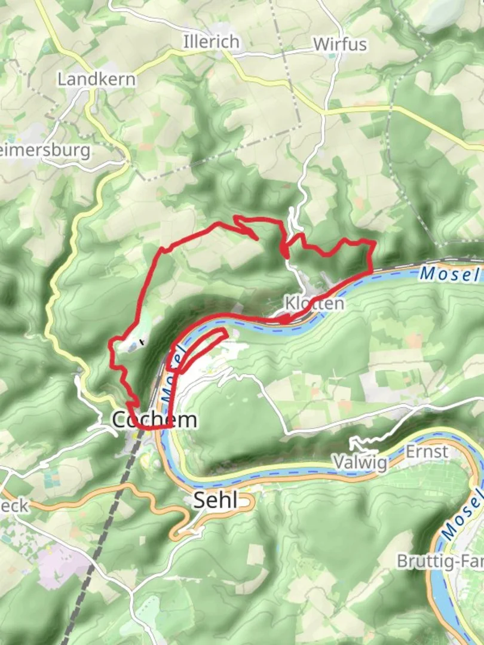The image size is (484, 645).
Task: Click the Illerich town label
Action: tap(212, 42)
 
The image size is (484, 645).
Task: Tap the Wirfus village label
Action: tap(339, 44)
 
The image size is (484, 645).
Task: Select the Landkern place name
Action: tap(96, 79)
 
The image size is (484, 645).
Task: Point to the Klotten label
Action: tap(314, 304)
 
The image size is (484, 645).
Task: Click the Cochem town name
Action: tap(154, 420)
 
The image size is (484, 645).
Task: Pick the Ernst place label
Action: tap(427, 451)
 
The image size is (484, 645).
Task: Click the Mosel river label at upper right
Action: tap(449, 274)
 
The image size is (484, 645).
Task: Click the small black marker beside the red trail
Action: tap(142, 342)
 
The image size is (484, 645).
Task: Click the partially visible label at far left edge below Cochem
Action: tap(13, 506)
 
